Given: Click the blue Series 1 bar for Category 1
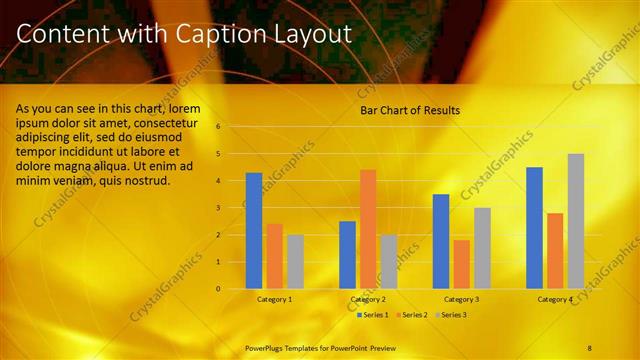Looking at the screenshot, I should tap(254, 231).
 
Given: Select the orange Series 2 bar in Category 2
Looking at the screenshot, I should tap(368, 229).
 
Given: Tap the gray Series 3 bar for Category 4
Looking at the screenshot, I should tap(576, 221).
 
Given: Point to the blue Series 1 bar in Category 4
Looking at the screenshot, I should tap(534, 228).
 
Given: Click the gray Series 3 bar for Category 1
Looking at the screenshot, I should tap(295, 262).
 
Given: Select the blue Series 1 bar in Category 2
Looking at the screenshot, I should tap(347, 255).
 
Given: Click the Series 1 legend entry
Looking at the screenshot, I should tap(374, 315).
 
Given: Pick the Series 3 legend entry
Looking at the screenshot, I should tap(453, 315).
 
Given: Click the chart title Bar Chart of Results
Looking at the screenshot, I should tap(410, 110).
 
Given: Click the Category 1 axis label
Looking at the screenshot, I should tap(274, 299).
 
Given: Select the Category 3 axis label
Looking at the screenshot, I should tap(461, 299).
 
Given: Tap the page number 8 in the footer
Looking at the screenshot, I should tap(589, 347).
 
